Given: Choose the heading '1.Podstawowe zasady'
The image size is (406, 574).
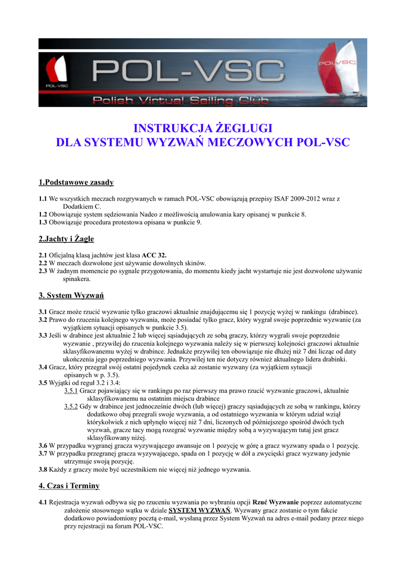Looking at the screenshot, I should (76, 182).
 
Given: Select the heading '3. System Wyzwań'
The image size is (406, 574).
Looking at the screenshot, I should (71, 295).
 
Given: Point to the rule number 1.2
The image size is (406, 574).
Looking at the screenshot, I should (43, 214).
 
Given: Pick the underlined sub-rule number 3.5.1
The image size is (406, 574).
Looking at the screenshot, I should (71, 391).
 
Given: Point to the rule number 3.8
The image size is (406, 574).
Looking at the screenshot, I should (43, 469).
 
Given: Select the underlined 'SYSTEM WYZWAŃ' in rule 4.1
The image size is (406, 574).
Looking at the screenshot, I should (200, 511).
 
